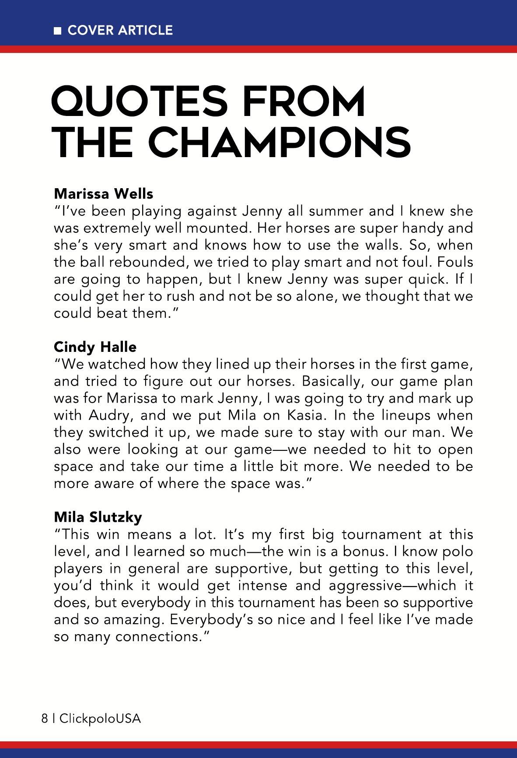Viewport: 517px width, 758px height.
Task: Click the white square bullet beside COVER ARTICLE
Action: pos(57,31)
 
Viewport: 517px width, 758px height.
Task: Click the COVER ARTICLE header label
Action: pos(120,30)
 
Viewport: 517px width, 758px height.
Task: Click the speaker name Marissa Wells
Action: pos(103,193)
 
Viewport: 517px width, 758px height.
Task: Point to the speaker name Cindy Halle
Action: pos(95,347)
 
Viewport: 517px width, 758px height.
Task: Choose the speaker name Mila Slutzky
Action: pos(98,517)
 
